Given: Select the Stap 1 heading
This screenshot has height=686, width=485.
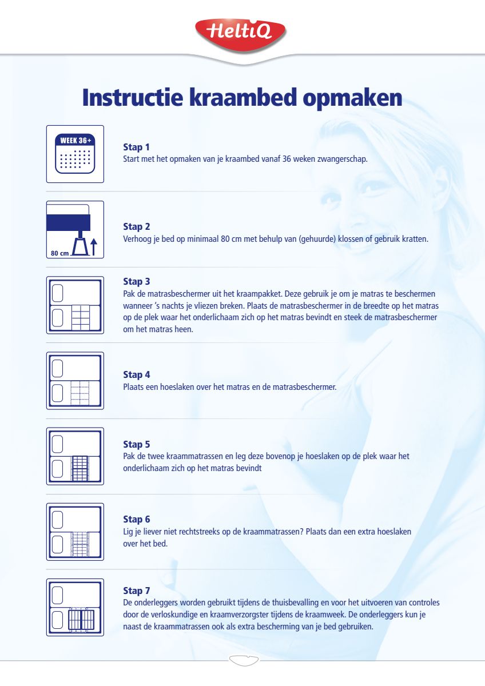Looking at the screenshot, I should [x=137, y=147].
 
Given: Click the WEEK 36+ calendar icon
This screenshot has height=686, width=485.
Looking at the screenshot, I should [x=75, y=154].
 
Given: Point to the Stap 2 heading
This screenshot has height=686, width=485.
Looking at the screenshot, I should [x=137, y=227].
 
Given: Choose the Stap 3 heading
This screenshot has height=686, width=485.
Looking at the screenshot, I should [x=137, y=281].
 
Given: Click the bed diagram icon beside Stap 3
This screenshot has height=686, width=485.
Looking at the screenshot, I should [x=75, y=305].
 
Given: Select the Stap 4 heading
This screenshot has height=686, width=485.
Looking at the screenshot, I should [x=137, y=375].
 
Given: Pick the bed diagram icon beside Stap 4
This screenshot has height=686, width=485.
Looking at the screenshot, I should [x=75, y=381].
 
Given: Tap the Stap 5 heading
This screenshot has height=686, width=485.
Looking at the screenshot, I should [x=137, y=444].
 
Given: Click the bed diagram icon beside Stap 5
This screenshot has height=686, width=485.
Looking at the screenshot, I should [x=75, y=456].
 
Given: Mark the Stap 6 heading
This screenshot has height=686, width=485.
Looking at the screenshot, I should [x=137, y=519].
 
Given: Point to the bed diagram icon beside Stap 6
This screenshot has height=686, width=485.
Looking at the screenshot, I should [x=75, y=532].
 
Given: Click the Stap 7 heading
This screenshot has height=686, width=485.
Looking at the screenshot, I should [x=137, y=591].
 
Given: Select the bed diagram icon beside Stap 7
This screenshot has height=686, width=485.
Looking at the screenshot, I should [x=75, y=607].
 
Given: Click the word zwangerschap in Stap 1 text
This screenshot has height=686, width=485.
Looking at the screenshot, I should [x=344, y=159].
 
